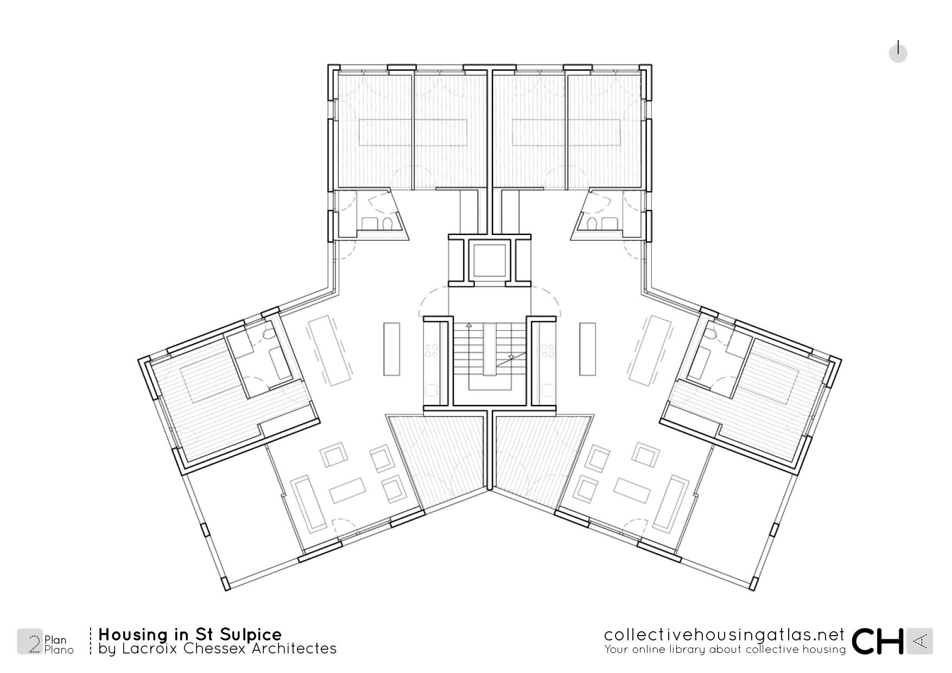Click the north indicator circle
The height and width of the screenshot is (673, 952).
coord(898,53)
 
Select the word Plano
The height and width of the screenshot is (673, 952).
coord(59,650)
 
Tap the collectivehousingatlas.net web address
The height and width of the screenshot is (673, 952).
coord(725,634)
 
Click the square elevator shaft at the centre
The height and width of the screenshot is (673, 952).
coord(490,261)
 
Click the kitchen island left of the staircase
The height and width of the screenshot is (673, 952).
coord(391,349)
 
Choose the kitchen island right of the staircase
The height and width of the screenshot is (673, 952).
coord(588,349)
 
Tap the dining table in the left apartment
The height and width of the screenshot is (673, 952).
coord(330,350)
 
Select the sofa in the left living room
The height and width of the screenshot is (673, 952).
coord(310,504)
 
